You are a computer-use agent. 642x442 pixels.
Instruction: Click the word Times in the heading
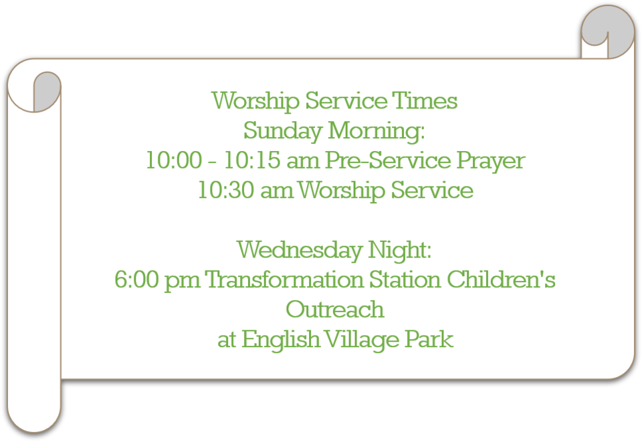click(425, 101)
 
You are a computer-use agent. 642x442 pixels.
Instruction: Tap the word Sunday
click(282, 132)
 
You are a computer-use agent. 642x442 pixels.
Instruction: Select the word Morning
click(377, 132)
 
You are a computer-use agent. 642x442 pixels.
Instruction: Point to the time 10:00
click(174, 160)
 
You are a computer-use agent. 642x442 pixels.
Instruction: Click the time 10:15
click(252, 160)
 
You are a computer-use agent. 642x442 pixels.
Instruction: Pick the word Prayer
click(490, 161)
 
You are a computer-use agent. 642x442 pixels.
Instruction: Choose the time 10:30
click(225, 191)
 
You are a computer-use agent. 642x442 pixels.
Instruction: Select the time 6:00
click(136, 280)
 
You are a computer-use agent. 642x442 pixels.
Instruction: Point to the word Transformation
click(284, 280)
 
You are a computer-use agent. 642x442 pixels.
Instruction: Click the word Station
click(405, 280)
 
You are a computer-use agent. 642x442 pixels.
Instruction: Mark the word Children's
click(501, 280)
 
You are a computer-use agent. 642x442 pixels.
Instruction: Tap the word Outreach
click(335, 310)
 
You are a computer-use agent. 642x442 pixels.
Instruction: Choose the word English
click(280, 340)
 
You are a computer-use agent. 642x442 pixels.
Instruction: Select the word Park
click(429, 339)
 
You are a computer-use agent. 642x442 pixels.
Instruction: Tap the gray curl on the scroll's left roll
click(47, 91)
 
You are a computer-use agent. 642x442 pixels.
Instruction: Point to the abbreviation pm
click(182, 282)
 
